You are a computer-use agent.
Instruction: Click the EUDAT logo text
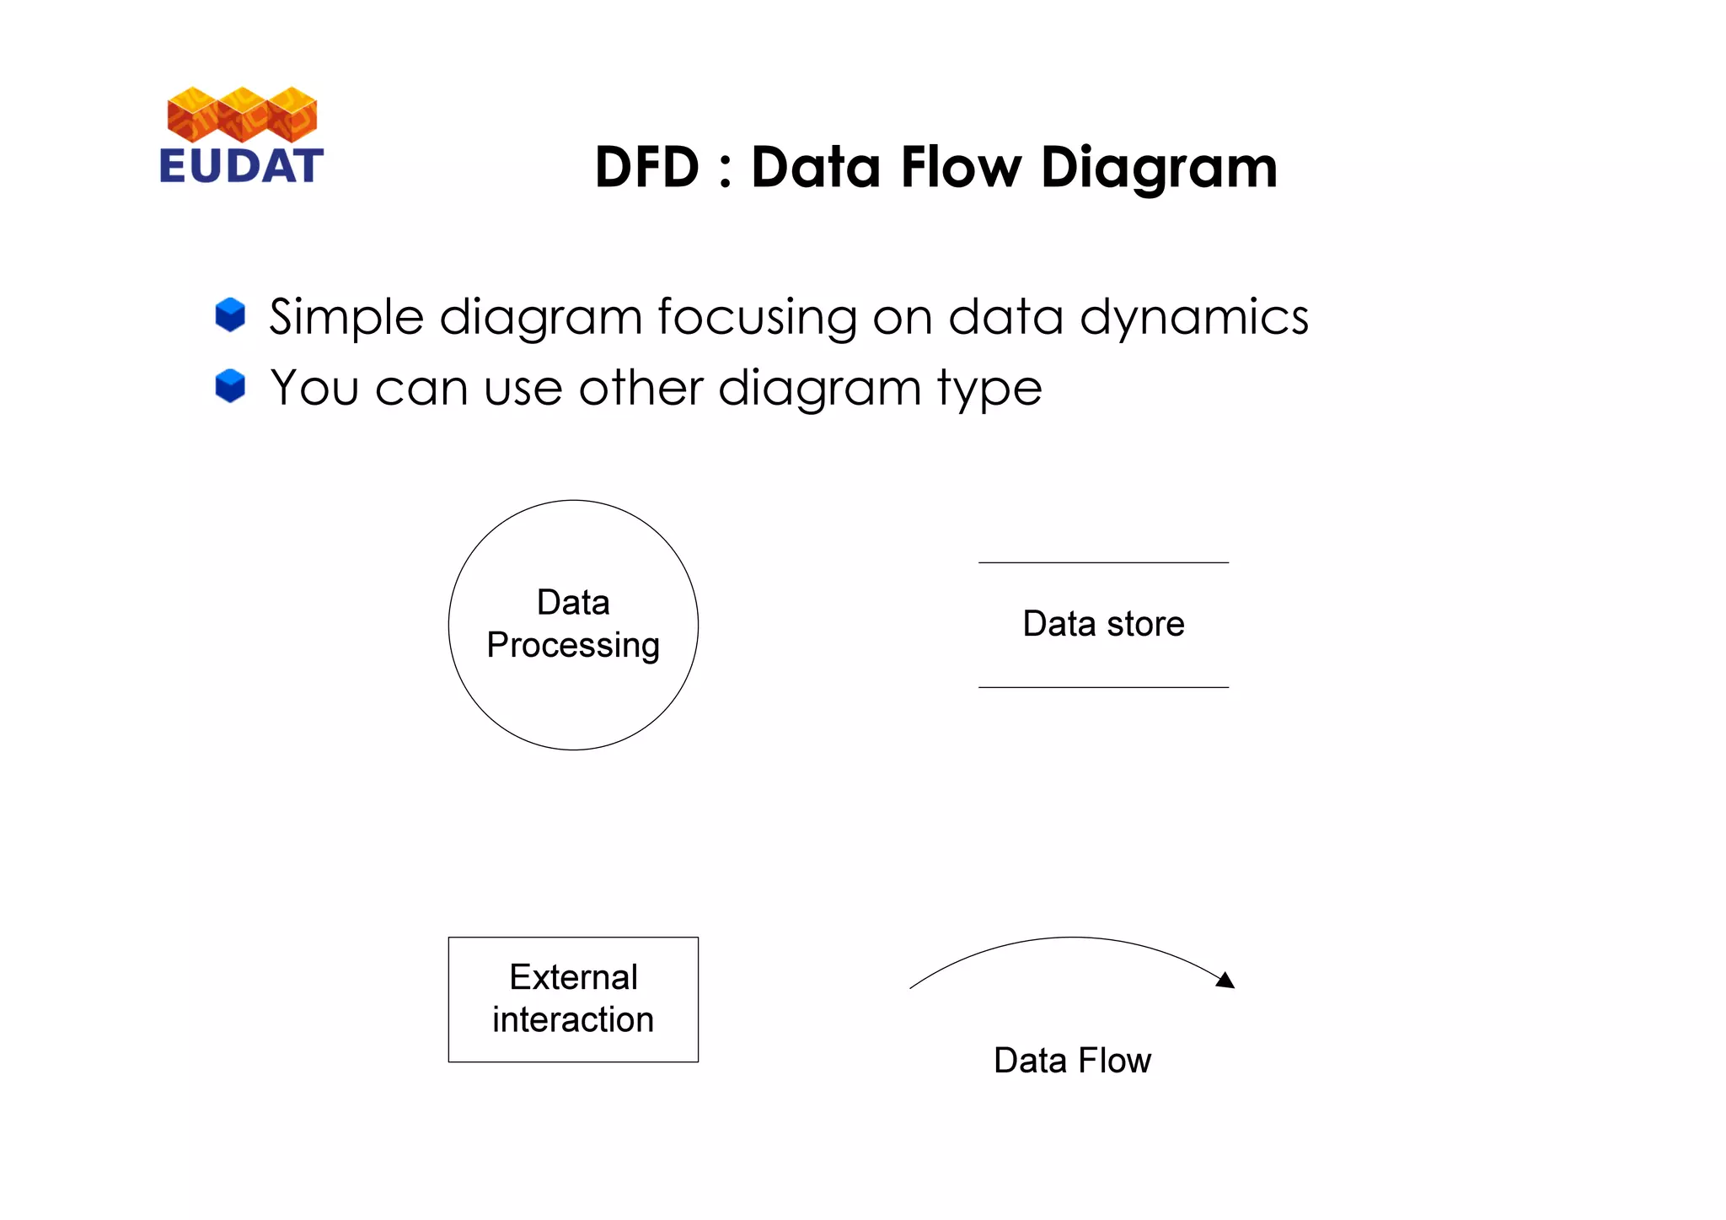(241, 165)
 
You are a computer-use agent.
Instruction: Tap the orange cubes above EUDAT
(242, 114)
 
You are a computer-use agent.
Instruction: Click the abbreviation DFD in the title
(646, 167)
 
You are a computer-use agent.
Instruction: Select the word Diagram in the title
(1159, 169)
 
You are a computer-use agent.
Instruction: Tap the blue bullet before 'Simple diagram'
(230, 314)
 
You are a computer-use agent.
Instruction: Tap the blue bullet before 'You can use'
(230, 386)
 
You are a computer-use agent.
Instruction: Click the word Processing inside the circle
(573, 646)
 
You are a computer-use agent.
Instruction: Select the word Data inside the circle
(573, 603)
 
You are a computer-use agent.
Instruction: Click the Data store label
(1103, 624)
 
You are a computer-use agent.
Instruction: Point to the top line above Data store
(1103, 562)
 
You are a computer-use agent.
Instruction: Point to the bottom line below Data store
(1103, 687)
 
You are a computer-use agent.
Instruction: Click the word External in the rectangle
(573, 977)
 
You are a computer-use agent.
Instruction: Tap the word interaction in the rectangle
(573, 1019)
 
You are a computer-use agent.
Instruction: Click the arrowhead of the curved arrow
(1227, 980)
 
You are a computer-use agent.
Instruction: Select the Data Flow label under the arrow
(1072, 1060)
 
